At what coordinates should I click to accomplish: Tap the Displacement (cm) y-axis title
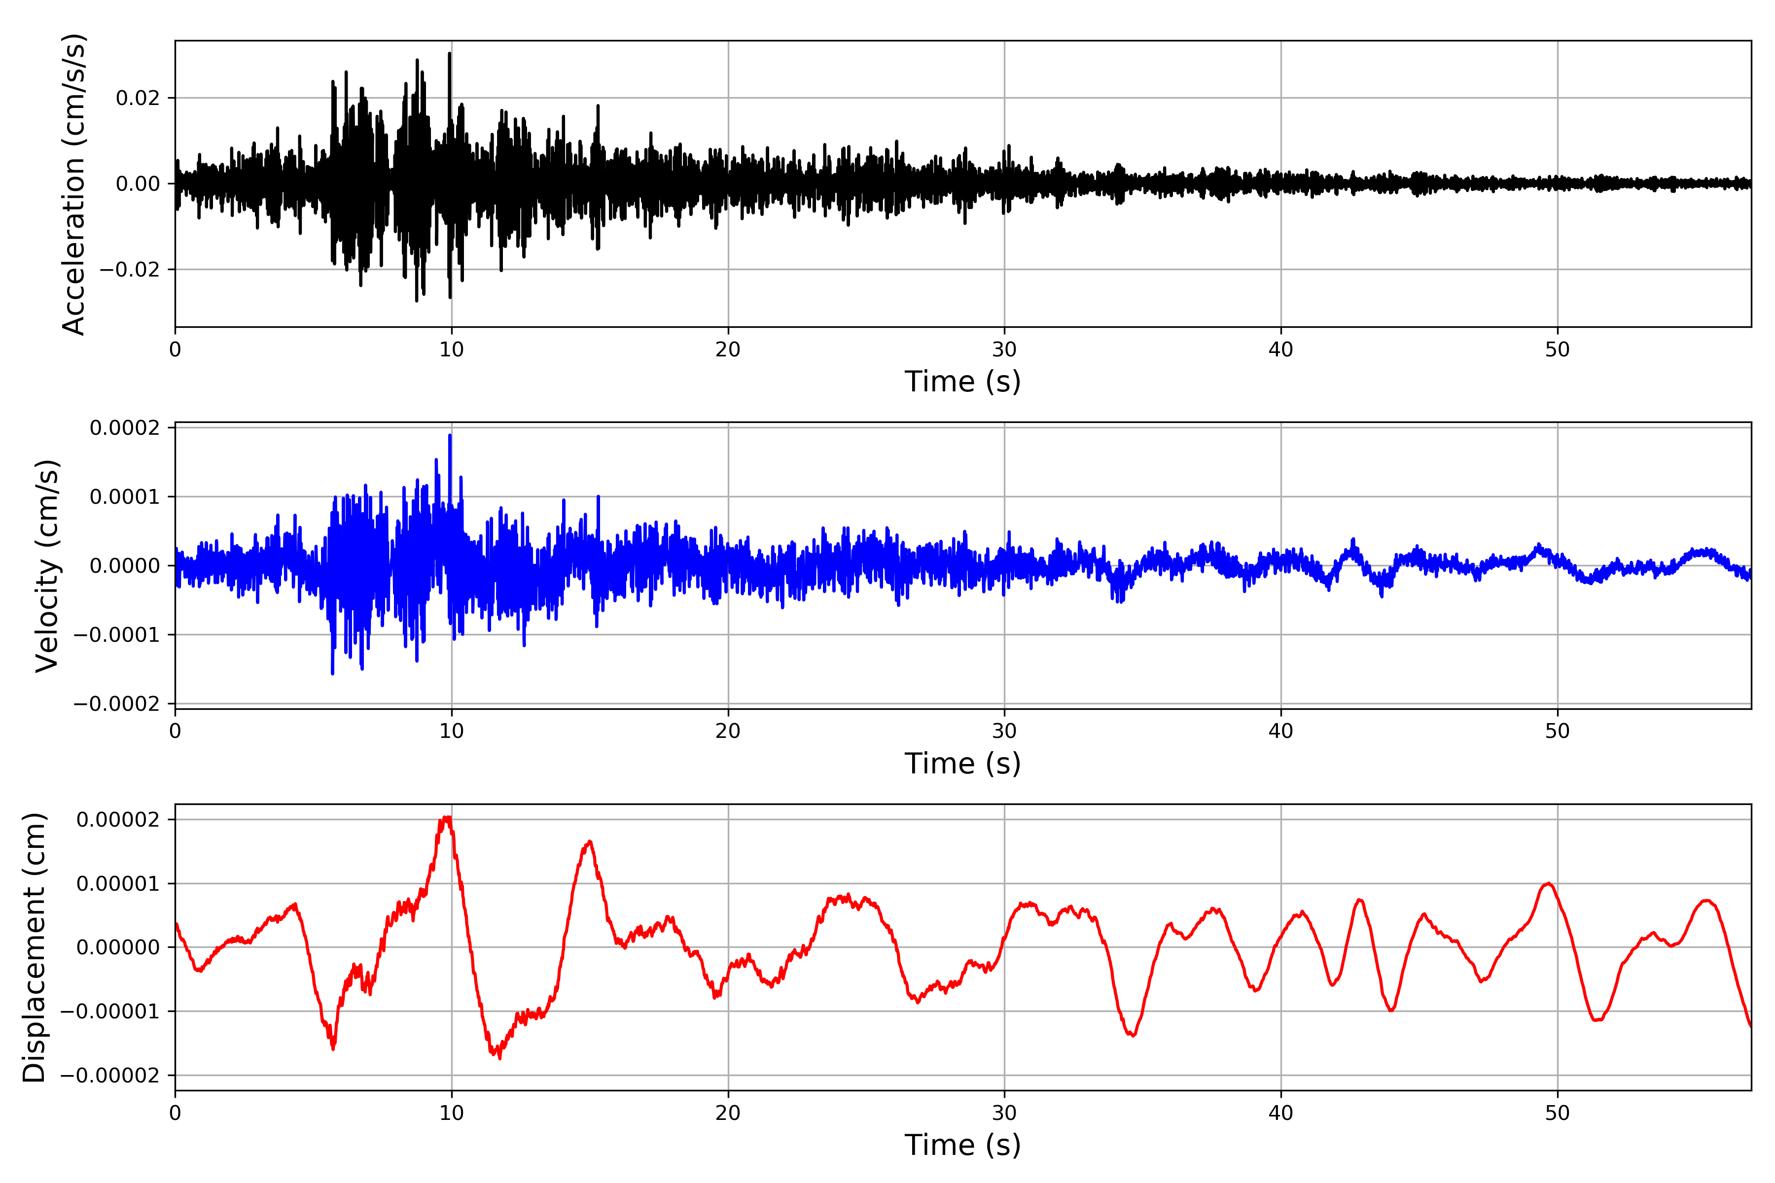click(x=34, y=947)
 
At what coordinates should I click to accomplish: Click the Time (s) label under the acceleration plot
click(x=962, y=382)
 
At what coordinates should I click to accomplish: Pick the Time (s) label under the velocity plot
click(x=962, y=764)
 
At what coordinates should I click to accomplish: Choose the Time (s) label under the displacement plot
click(x=962, y=1145)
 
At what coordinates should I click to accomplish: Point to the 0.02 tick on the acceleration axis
click(x=138, y=98)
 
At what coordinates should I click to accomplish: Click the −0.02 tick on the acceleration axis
click(x=130, y=269)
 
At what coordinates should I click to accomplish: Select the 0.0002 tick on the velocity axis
click(x=125, y=428)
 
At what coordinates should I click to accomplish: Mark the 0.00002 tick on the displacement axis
click(x=118, y=819)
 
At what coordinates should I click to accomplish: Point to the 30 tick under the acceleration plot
click(x=1004, y=349)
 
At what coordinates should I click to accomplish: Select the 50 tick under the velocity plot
click(x=1557, y=731)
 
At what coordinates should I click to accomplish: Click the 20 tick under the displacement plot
click(x=728, y=1113)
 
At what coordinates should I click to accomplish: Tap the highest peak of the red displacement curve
click(x=448, y=817)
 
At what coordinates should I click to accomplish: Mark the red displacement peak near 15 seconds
click(x=589, y=841)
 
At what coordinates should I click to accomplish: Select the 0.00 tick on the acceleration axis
click(x=138, y=183)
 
